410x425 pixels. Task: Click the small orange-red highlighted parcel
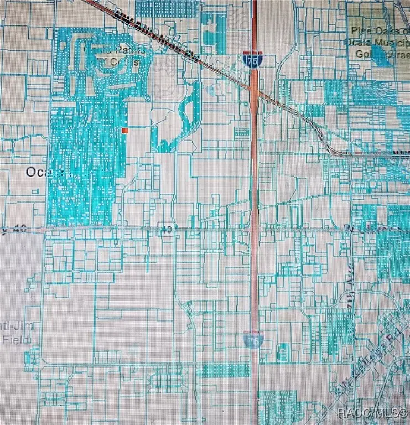[124, 130]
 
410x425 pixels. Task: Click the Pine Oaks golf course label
[376, 34]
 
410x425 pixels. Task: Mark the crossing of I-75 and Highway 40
[255, 228]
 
